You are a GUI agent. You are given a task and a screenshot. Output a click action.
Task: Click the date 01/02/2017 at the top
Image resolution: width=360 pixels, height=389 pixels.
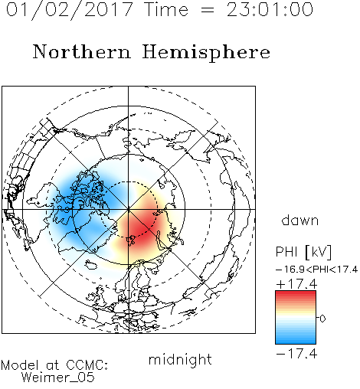[x=69, y=10]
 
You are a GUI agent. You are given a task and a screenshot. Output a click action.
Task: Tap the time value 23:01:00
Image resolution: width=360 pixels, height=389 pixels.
[x=270, y=9]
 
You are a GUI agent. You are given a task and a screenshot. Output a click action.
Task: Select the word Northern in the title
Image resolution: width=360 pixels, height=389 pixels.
[x=82, y=51]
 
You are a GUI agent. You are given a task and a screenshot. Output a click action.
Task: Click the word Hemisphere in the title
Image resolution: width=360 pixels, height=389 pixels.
[x=206, y=53]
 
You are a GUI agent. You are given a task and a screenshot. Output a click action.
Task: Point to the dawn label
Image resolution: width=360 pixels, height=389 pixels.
[x=300, y=220]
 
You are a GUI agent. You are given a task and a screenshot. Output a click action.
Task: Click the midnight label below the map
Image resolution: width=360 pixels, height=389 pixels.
[x=180, y=360]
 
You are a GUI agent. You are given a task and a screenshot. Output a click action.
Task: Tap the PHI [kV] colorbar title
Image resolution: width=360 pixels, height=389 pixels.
[x=303, y=252]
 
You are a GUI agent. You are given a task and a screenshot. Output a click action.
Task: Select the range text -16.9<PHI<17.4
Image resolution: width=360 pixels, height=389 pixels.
[x=317, y=270]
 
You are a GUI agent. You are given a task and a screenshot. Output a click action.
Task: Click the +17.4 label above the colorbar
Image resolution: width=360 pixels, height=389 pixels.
[x=296, y=284]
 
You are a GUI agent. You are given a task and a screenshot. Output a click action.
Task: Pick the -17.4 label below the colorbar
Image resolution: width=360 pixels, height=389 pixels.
[x=296, y=354]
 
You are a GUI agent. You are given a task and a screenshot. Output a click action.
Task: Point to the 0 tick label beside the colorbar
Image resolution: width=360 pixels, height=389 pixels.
[x=322, y=319]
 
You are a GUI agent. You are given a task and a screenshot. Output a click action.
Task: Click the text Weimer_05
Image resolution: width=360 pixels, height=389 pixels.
[x=58, y=378]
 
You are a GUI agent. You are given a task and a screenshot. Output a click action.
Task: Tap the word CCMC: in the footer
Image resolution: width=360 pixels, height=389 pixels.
[x=87, y=365]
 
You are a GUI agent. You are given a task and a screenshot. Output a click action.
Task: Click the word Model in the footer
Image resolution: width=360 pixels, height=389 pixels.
[x=20, y=365]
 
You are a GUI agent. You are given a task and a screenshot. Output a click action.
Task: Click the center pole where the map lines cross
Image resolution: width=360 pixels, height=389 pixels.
[x=129, y=210]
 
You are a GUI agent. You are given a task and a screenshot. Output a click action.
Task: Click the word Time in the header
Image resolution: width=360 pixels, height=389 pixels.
[x=166, y=10]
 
